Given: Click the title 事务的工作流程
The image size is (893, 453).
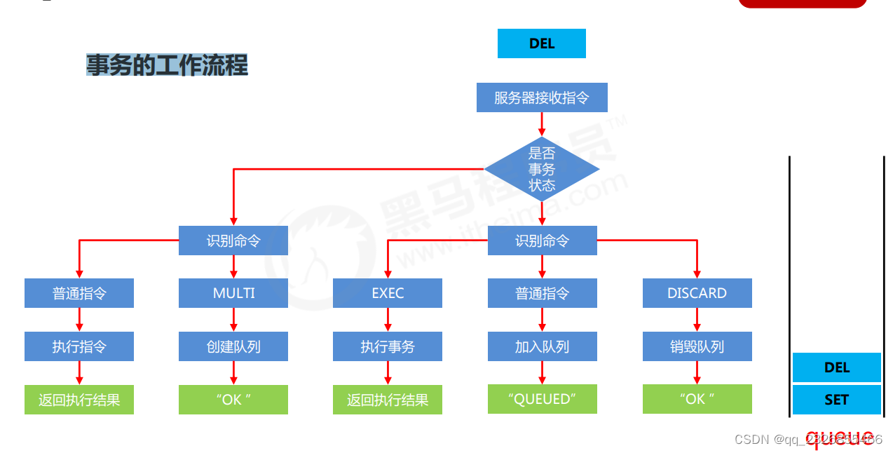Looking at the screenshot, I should coord(167,65).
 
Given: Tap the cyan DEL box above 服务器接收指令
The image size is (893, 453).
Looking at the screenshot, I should coord(541,43).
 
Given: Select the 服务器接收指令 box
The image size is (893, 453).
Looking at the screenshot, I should coord(541,97).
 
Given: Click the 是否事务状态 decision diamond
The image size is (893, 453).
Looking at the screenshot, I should coord(541,169).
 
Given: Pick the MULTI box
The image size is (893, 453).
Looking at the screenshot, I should coord(233,293).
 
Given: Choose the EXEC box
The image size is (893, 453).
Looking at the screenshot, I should coord(388,293).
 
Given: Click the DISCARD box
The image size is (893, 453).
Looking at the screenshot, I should coord(697,293).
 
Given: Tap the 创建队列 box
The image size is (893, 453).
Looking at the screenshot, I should coord(233,346).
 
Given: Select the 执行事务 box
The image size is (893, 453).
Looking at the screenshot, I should coord(388,346).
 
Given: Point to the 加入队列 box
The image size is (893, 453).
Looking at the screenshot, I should coord(542,346).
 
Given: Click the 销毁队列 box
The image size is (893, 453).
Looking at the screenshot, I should coord(697,346).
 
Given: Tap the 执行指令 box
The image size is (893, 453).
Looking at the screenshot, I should coord(79,346).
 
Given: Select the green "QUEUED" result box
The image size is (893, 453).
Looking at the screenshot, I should coord(542,399).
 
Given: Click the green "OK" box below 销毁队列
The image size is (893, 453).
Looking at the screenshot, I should coord(697,399).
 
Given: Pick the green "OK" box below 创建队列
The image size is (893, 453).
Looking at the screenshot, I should coord(233,400).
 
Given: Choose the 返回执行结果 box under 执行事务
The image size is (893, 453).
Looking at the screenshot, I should coord(388,400).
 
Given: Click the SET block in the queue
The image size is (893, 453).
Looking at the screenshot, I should coord(836,400).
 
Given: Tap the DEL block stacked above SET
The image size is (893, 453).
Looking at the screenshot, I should coord(836,367).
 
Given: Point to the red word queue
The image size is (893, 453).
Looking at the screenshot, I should coord(840,436).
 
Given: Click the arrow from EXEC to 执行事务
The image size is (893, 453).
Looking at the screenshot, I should coord(388,320).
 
